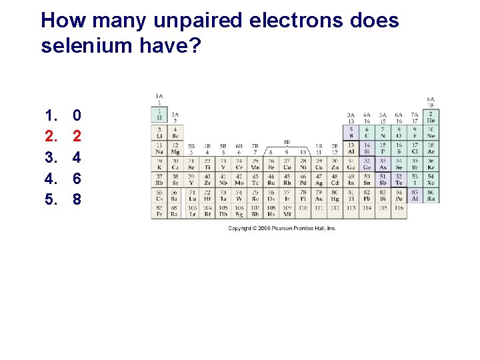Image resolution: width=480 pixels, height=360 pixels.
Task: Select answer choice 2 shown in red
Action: pyautogui.click(x=77, y=137)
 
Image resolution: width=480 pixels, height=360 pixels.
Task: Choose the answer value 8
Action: pyautogui.click(x=77, y=199)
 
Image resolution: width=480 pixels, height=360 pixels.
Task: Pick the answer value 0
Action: pyautogui.click(x=77, y=116)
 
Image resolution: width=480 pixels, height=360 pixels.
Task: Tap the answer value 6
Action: pyautogui.click(x=77, y=179)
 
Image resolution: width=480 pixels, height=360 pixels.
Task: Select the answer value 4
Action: pyautogui.click(x=77, y=157)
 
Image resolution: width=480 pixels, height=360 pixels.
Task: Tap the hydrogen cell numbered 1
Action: pyautogui.click(x=159, y=115)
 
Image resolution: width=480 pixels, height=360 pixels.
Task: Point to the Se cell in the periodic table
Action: pyautogui.click(x=399, y=163)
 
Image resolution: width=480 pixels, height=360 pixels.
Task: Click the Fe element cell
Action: pyautogui.click(x=271, y=163)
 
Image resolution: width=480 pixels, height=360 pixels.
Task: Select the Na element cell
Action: pyautogui.click(x=159, y=147)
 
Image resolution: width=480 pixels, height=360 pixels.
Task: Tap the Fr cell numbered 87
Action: pyautogui.click(x=159, y=211)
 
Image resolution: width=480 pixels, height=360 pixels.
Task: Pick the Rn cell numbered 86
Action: pyautogui.click(x=431, y=195)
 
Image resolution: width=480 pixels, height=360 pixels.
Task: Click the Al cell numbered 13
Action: pyautogui.click(x=351, y=147)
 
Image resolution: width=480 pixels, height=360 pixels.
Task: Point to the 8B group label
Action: pyautogui.click(x=287, y=141)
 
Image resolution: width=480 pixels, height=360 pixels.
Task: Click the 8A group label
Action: pyautogui.click(x=431, y=100)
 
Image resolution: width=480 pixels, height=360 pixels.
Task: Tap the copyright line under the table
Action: pyautogui.click(x=282, y=228)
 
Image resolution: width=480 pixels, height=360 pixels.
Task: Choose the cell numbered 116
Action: pyautogui.click(x=399, y=208)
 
